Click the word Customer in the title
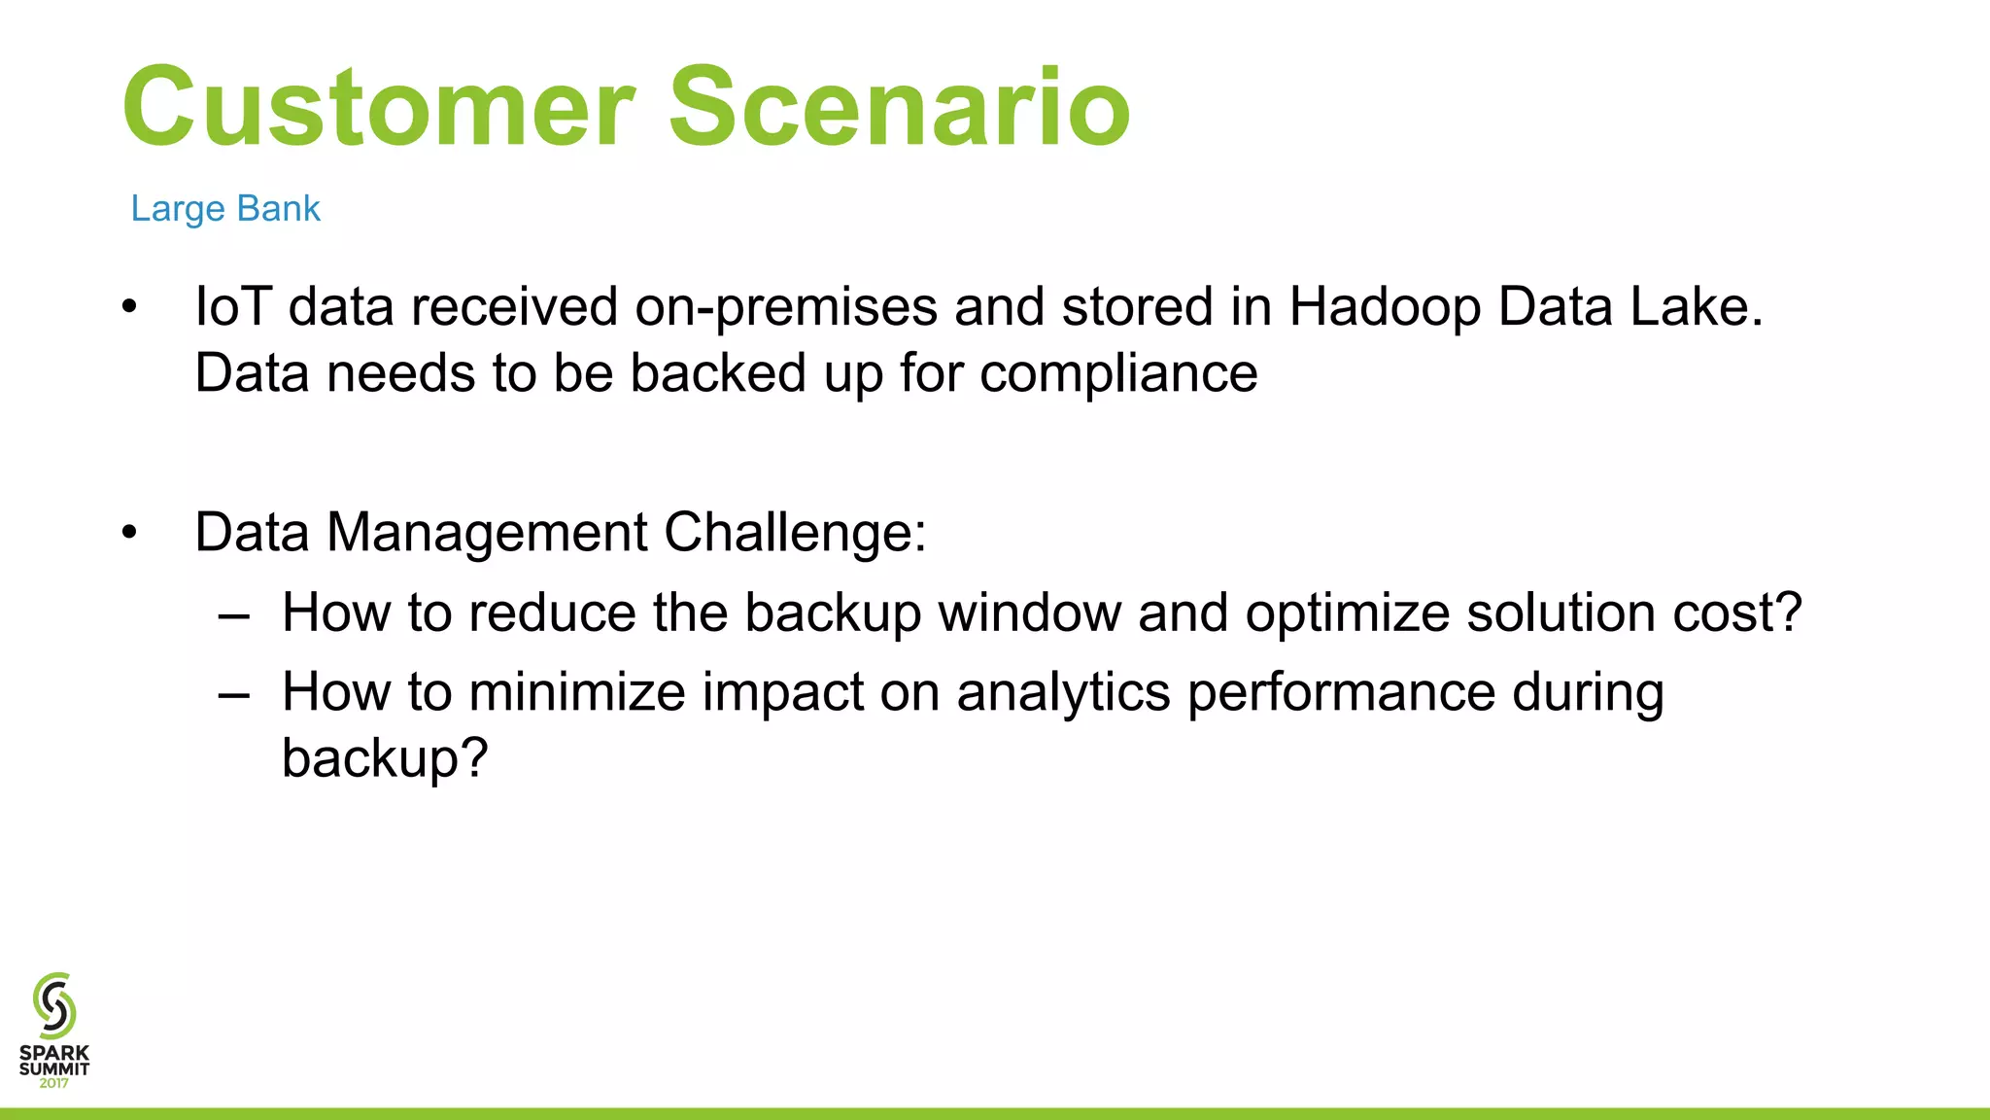coord(379,107)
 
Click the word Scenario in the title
coord(899,107)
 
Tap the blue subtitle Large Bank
coord(225,208)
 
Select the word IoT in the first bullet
coord(232,306)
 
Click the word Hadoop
coord(1385,308)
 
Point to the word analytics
coord(1063,694)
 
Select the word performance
coord(1341,694)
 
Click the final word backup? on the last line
coord(384,758)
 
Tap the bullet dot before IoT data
coord(129,308)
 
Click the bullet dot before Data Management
coord(129,534)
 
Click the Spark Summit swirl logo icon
coord(54,1005)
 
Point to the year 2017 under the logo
coord(54,1083)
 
